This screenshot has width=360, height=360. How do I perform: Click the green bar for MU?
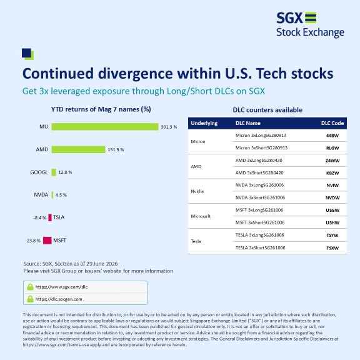tap(105, 127)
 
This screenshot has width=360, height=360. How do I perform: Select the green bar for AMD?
tap(78, 149)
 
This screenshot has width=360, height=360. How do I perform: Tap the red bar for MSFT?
tap(47, 241)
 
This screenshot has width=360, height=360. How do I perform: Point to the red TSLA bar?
tap(50, 217)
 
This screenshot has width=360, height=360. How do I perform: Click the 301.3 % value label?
tap(169, 127)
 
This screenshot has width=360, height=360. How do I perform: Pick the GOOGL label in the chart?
tap(39, 172)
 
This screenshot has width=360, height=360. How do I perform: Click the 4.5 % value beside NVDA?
tap(61, 195)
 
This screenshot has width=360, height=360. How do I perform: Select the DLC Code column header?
tap(332, 123)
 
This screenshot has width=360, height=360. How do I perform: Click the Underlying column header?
tap(204, 123)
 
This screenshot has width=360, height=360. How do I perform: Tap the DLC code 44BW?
tap(332, 136)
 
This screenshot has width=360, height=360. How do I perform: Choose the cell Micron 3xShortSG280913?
tap(261, 148)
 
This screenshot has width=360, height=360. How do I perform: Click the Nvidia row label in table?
tap(197, 191)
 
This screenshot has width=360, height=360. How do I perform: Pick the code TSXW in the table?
tap(332, 248)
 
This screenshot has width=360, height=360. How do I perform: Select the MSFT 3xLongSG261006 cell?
tap(259, 210)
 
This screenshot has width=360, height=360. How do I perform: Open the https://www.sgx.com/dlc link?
tap(61, 287)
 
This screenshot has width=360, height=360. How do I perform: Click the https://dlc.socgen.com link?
tap(59, 299)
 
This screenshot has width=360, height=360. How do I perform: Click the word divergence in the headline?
tap(136, 74)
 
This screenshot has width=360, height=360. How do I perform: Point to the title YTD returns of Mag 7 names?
tap(101, 109)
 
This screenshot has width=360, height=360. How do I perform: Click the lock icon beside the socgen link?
tap(30, 299)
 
